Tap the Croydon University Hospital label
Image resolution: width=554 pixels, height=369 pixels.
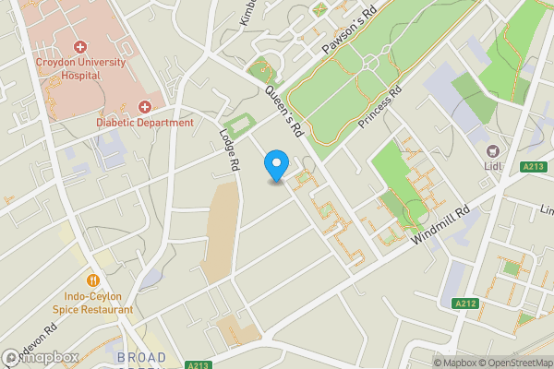tap(80, 69)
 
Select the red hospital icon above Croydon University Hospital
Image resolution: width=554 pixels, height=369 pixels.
tap(80, 47)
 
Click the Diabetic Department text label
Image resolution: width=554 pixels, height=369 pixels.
tap(145, 123)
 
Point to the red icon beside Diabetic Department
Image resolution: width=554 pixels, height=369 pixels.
tap(145, 107)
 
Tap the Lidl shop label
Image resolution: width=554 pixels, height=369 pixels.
tap(493, 166)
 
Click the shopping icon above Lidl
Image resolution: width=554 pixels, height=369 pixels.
tap(493, 150)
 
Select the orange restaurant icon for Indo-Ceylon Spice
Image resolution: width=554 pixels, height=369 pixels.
tap(92, 280)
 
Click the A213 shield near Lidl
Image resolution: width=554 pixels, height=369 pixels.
tap(529, 166)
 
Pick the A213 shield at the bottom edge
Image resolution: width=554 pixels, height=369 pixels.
tap(196, 364)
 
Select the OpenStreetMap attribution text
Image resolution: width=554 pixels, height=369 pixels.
tap(516, 363)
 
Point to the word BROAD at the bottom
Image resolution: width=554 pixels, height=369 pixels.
tap(141, 357)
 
